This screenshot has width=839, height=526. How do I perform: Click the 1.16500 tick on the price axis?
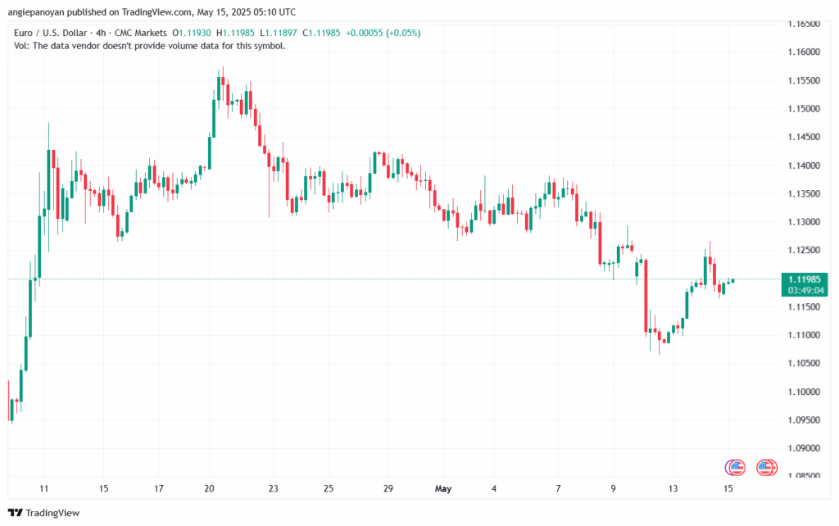[805, 25]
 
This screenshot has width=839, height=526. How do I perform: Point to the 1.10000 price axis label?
[805, 392]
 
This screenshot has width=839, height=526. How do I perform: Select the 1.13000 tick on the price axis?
[805, 222]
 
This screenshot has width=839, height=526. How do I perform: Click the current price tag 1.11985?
[805, 279]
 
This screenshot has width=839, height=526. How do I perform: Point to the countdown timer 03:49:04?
[805, 290]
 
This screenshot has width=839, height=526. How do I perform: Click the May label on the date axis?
[443, 489]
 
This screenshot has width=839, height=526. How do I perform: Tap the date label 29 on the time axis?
[388, 489]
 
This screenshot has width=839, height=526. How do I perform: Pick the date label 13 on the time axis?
[673, 489]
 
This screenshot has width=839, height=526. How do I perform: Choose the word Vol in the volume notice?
[21, 45]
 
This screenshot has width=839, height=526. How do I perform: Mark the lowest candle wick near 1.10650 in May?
[660, 354]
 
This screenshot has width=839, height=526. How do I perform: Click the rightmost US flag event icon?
[767, 467]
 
